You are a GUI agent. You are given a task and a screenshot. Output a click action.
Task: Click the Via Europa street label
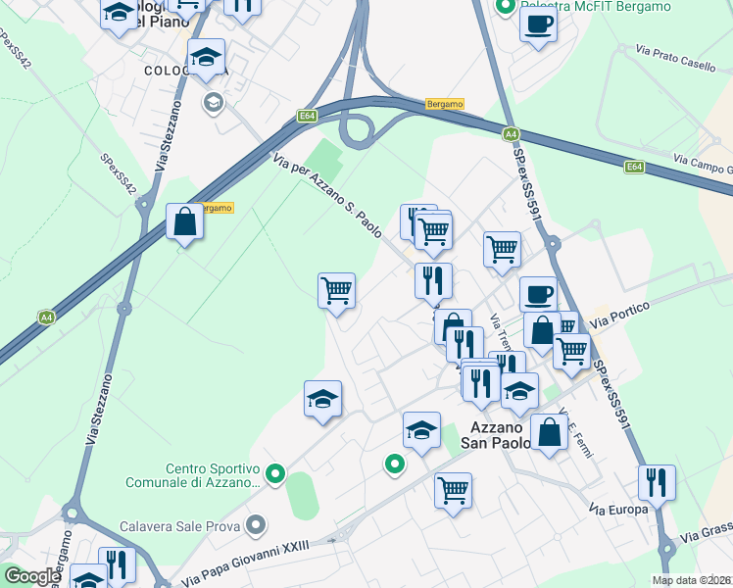pyautogui.click(x=618, y=510)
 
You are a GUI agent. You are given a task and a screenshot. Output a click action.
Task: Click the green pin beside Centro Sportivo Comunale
pyautogui.click(x=275, y=475)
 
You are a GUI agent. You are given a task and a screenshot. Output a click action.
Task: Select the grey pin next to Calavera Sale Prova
pyautogui.click(x=256, y=526)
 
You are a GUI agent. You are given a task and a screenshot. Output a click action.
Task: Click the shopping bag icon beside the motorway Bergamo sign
pyautogui.click(x=184, y=222)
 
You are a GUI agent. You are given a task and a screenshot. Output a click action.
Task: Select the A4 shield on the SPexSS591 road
pyautogui.click(x=511, y=134)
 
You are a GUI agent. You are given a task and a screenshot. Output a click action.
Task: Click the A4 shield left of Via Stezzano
pyautogui.click(x=46, y=317)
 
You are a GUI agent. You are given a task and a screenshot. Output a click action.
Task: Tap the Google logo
pyautogui.click(x=32, y=576)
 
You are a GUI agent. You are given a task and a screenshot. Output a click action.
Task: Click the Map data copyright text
pyautogui.click(x=692, y=580)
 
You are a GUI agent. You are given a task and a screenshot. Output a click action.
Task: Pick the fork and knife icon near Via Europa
pyautogui.click(x=657, y=482)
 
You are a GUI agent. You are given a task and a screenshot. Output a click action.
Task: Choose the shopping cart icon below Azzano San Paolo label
pyautogui.click(x=453, y=490)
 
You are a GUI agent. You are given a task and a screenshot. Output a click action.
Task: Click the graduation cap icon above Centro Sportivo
pyautogui.click(x=322, y=399)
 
